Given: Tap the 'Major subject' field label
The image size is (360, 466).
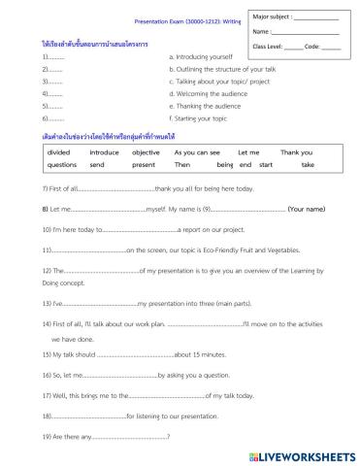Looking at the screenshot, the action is coord(271,17).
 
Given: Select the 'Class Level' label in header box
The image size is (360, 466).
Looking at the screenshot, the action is coord(270,46).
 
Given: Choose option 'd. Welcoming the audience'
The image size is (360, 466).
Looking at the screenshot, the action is coord(204,94).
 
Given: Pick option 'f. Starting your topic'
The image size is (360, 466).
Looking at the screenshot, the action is coord(198,118).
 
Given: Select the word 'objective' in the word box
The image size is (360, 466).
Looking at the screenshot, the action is coord(146,153).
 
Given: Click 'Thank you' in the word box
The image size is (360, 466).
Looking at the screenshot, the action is coord(296,153).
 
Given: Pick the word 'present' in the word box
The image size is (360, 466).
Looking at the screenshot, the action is coord(143,165).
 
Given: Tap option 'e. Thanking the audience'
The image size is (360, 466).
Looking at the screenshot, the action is coord(203,106).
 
